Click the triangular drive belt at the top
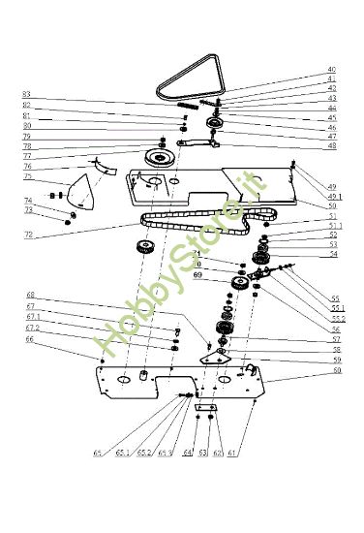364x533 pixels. point(192,87)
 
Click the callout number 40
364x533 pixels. point(331,70)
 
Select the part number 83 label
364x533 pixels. point(27,94)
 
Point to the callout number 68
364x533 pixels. point(30,295)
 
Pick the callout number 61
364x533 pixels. point(232,454)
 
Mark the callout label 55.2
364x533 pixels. point(338,319)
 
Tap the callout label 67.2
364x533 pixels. point(33,328)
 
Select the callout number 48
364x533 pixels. point(331,146)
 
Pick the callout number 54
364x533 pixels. point(334,255)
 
